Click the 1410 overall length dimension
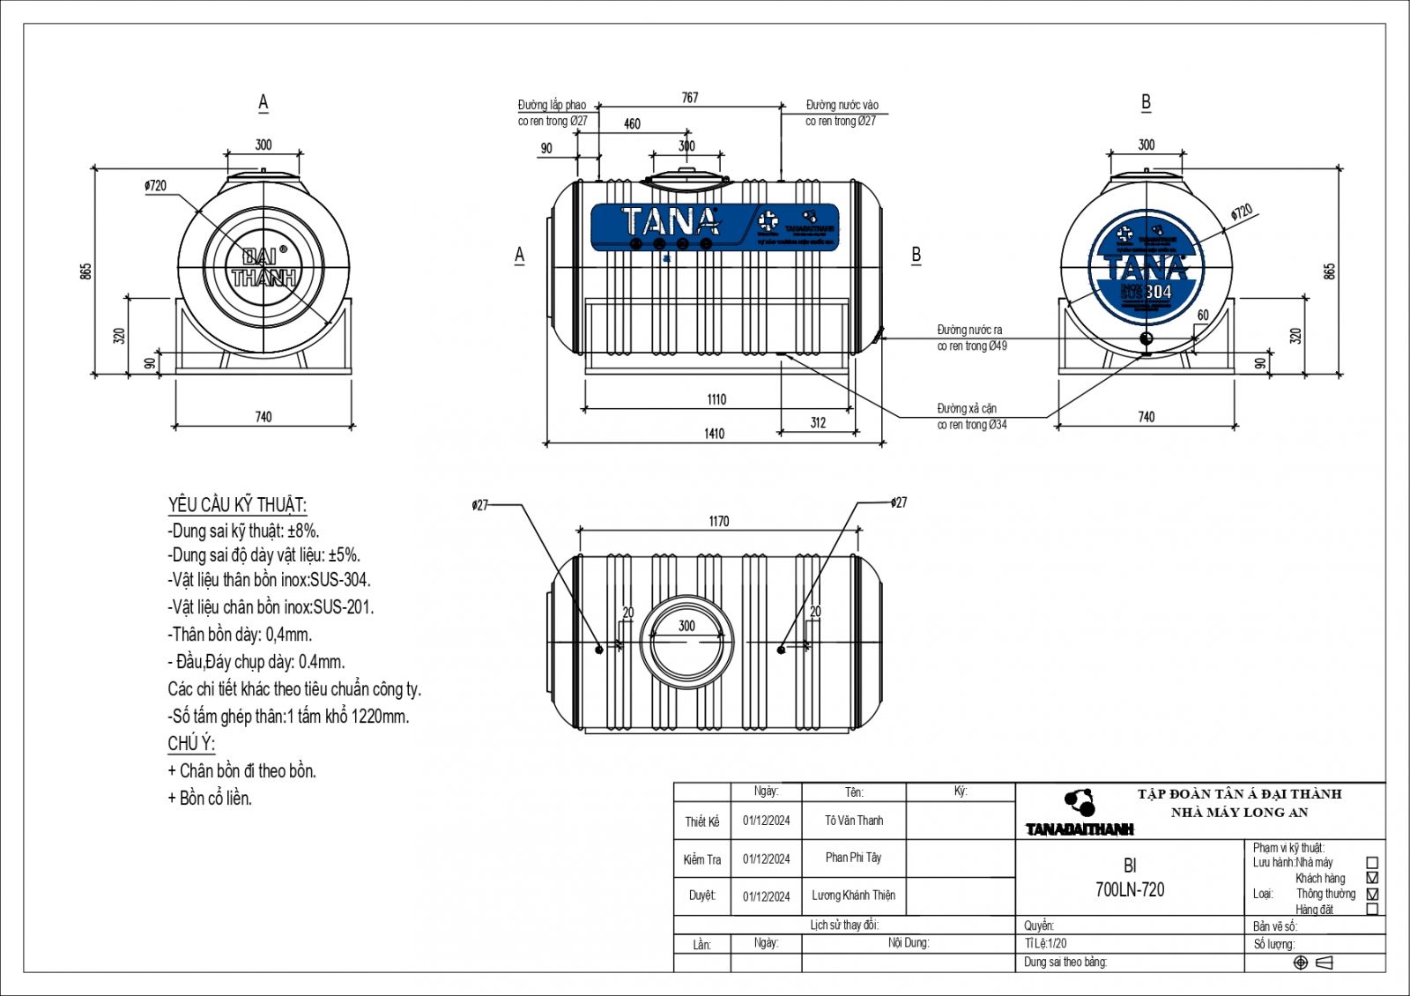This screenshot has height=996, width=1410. point(715,434)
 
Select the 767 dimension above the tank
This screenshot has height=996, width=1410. point(690,98)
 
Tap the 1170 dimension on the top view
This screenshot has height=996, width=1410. point(719,522)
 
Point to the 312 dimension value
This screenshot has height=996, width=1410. point(818,423)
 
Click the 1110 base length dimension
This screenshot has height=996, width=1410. point(716,400)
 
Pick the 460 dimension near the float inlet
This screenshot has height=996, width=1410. point(632,124)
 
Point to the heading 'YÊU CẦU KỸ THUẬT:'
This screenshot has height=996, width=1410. point(237,505)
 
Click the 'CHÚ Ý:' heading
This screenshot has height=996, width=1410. point(191,743)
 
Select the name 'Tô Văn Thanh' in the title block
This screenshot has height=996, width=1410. point(853,821)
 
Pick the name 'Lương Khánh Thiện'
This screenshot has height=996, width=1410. point(853,896)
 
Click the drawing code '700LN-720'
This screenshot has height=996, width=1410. point(1130,890)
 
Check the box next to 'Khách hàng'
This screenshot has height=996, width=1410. point(1371,878)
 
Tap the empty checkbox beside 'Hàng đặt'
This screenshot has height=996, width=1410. point(1371,909)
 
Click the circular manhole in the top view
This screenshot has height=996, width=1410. point(686,642)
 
